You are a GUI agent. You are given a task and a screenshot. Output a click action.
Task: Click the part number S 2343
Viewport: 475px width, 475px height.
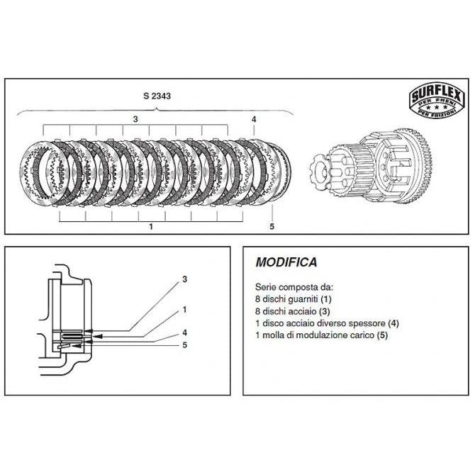coord(157,96)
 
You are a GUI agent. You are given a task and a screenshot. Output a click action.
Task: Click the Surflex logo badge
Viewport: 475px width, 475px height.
coord(437,99)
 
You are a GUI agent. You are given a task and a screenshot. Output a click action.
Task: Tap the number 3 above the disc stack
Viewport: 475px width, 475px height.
coord(135,119)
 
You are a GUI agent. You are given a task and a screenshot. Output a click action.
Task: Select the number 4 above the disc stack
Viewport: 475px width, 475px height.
coord(254,119)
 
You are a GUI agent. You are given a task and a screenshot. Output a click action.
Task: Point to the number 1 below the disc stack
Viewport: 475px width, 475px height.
coord(151,227)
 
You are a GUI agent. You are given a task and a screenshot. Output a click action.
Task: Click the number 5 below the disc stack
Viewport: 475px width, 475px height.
coord(272,227)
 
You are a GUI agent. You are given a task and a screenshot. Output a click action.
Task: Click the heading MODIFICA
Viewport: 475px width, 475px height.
coord(286,262)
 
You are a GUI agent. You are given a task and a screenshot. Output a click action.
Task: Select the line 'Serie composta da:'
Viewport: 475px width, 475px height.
coord(294,287)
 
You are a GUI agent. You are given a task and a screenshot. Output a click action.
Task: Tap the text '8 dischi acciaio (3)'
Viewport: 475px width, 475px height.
coord(293,311)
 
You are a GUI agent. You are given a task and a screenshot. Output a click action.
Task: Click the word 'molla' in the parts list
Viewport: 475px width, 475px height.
coord(272,335)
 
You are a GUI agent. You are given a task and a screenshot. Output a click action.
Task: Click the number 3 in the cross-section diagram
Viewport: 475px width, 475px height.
coord(185,279)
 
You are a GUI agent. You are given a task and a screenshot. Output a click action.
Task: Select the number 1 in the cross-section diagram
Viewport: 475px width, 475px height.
coord(184,310)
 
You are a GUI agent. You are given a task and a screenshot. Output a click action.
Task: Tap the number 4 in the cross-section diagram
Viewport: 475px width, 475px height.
coord(185,332)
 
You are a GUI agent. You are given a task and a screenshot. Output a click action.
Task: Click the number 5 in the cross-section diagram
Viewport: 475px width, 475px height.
coord(185,345)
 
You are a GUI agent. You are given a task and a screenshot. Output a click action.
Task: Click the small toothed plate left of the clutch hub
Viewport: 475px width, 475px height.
coord(321,171)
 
